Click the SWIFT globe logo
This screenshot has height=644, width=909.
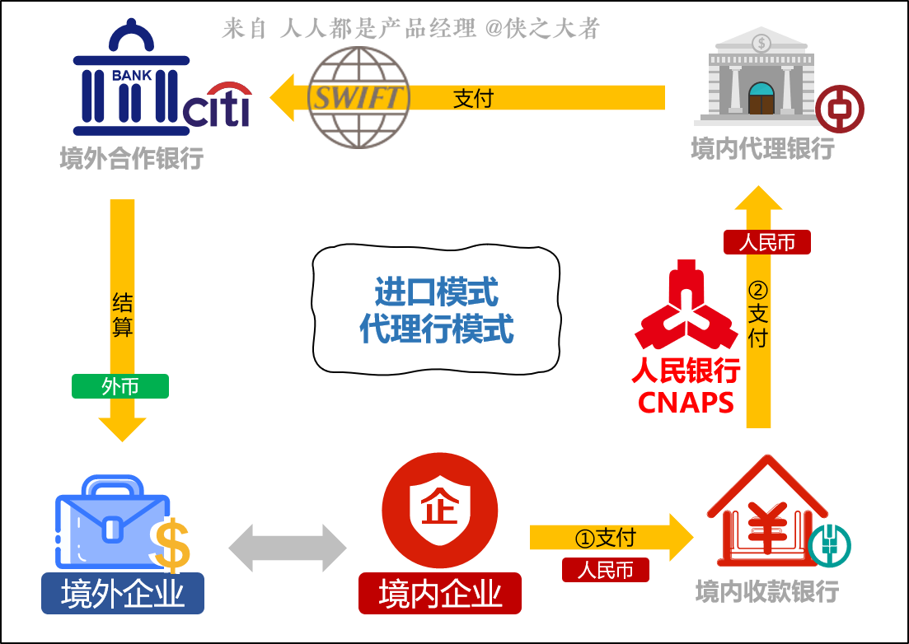358,97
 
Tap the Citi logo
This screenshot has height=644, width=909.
217,106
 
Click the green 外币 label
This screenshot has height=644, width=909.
120,386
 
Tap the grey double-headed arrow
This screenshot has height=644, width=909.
288,548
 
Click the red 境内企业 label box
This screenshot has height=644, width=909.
440,594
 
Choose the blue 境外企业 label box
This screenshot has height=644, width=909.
123,594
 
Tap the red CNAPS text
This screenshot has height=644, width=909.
686,403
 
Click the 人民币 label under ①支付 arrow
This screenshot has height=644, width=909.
606,570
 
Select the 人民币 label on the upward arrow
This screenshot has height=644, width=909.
767,242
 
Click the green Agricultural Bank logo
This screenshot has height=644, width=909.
829,544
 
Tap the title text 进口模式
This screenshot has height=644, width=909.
436,292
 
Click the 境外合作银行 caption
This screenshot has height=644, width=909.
132,157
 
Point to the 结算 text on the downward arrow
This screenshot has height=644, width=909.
122,315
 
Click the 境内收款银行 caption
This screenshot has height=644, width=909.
767,590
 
